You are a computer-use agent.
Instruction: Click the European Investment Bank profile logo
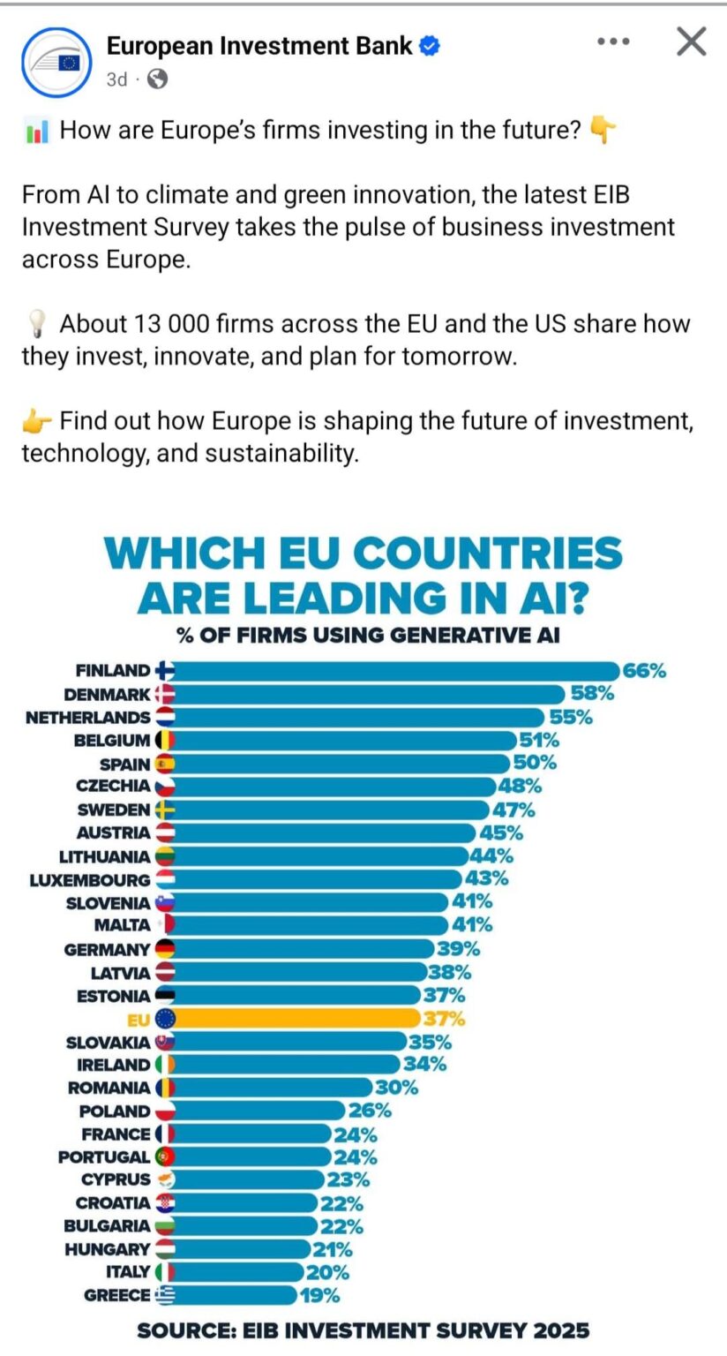pyautogui.click(x=57, y=62)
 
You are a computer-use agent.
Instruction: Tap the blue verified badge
pyautogui.click(x=429, y=46)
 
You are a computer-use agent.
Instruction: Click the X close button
pyautogui.click(x=691, y=41)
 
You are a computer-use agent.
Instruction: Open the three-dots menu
pyautogui.click(x=613, y=41)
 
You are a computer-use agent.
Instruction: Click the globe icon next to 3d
pyautogui.click(x=158, y=79)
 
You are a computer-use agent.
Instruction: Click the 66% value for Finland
pyautogui.click(x=644, y=671)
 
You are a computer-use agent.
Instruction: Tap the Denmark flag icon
pyautogui.click(x=165, y=695)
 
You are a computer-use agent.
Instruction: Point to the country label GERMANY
pyautogui.click(x=107, y=950)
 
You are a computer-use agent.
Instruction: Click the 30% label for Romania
pyautogui.click(x=396, y=1088)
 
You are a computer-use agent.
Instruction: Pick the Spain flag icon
pyautogui.click(x=165, y=764)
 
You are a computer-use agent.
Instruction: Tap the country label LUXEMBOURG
pyautogui.click(x=90, y=880)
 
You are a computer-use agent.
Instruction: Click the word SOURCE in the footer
pyautogui.click(x=188, y=1330)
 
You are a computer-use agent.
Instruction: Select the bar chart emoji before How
pyautogui.click(x=36, y=132)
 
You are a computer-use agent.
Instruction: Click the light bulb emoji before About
pyautogui.click(x=36, y=325)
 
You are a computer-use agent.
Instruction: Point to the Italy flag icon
pyautogui.click(x=165, y=1272)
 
